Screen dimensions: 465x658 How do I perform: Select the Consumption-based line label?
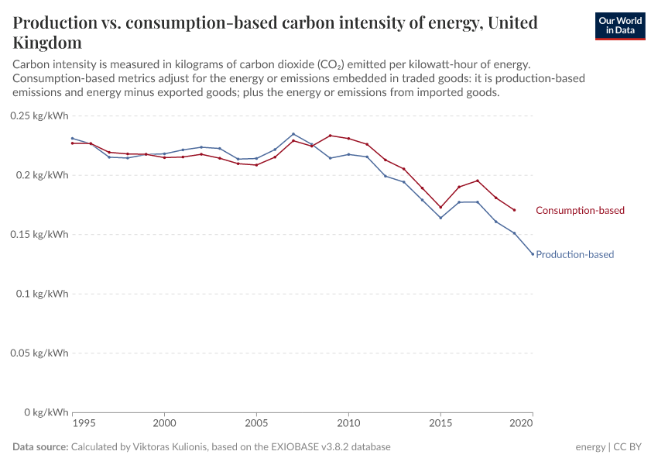tap(580, 211)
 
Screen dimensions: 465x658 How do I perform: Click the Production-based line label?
tap(574, 255)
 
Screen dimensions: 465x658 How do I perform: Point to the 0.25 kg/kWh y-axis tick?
tap(39, 115)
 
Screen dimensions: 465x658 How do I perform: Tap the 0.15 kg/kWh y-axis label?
tap(39, 234)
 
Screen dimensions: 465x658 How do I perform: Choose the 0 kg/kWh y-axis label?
tap(46, 412)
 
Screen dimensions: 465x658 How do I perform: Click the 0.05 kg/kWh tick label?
tap(39, 353)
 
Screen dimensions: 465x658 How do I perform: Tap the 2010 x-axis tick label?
tap(348, 425)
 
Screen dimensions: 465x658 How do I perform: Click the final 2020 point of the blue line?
tap(533, 254)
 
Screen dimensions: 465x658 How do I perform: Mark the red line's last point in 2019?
tap(514, 210)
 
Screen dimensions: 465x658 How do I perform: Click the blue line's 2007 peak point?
tap(293, 134)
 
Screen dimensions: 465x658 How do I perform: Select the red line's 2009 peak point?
tap(330, 136)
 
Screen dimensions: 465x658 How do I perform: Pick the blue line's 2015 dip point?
tap(440, 218)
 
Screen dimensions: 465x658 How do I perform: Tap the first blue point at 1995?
tap(72, 139)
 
